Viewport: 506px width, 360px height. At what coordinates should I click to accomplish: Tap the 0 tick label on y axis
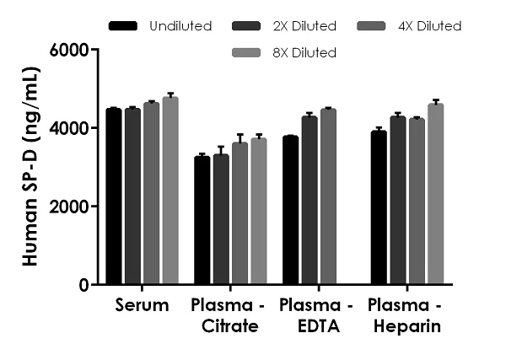(x=85, y=285)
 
